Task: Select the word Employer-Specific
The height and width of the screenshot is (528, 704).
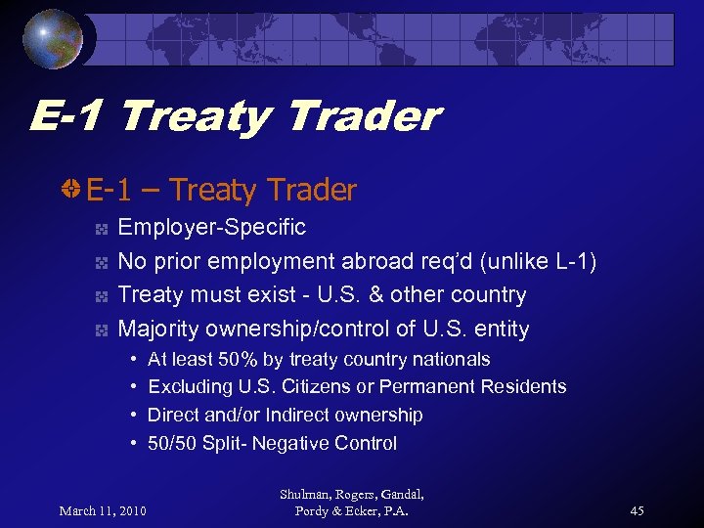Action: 211,228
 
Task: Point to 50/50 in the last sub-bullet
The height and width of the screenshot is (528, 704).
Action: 172,443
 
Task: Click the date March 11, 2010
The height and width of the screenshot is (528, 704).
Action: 103,510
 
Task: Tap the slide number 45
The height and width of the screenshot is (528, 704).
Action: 637,510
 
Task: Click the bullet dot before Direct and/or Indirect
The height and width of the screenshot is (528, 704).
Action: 132,415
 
